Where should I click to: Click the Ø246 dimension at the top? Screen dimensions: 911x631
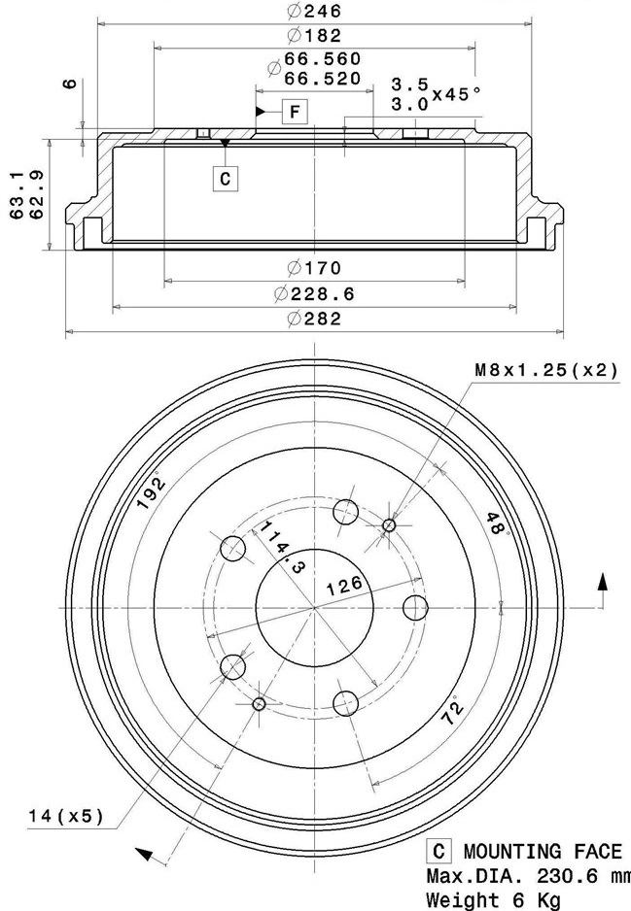(315, 12)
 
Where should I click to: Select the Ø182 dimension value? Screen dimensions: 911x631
(315, 36)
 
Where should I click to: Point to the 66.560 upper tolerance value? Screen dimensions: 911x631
(315, 60)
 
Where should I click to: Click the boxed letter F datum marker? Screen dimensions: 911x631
(295, 112)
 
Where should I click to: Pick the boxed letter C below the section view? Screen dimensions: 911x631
(225, 178)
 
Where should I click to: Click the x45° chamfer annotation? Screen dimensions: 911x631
(457, 93)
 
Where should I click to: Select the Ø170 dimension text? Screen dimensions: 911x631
(315, 268)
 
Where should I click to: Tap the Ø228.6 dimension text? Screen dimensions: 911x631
(315, 293)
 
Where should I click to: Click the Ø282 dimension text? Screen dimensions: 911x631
(315, 319)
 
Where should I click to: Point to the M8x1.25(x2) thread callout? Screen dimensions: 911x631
(545, 370)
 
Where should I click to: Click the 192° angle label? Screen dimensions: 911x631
(151, 488)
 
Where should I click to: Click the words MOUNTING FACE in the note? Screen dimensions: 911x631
(542, 852)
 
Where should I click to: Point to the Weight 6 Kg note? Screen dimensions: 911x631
(494, 900)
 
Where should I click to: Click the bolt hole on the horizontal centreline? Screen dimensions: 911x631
(415, 608)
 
